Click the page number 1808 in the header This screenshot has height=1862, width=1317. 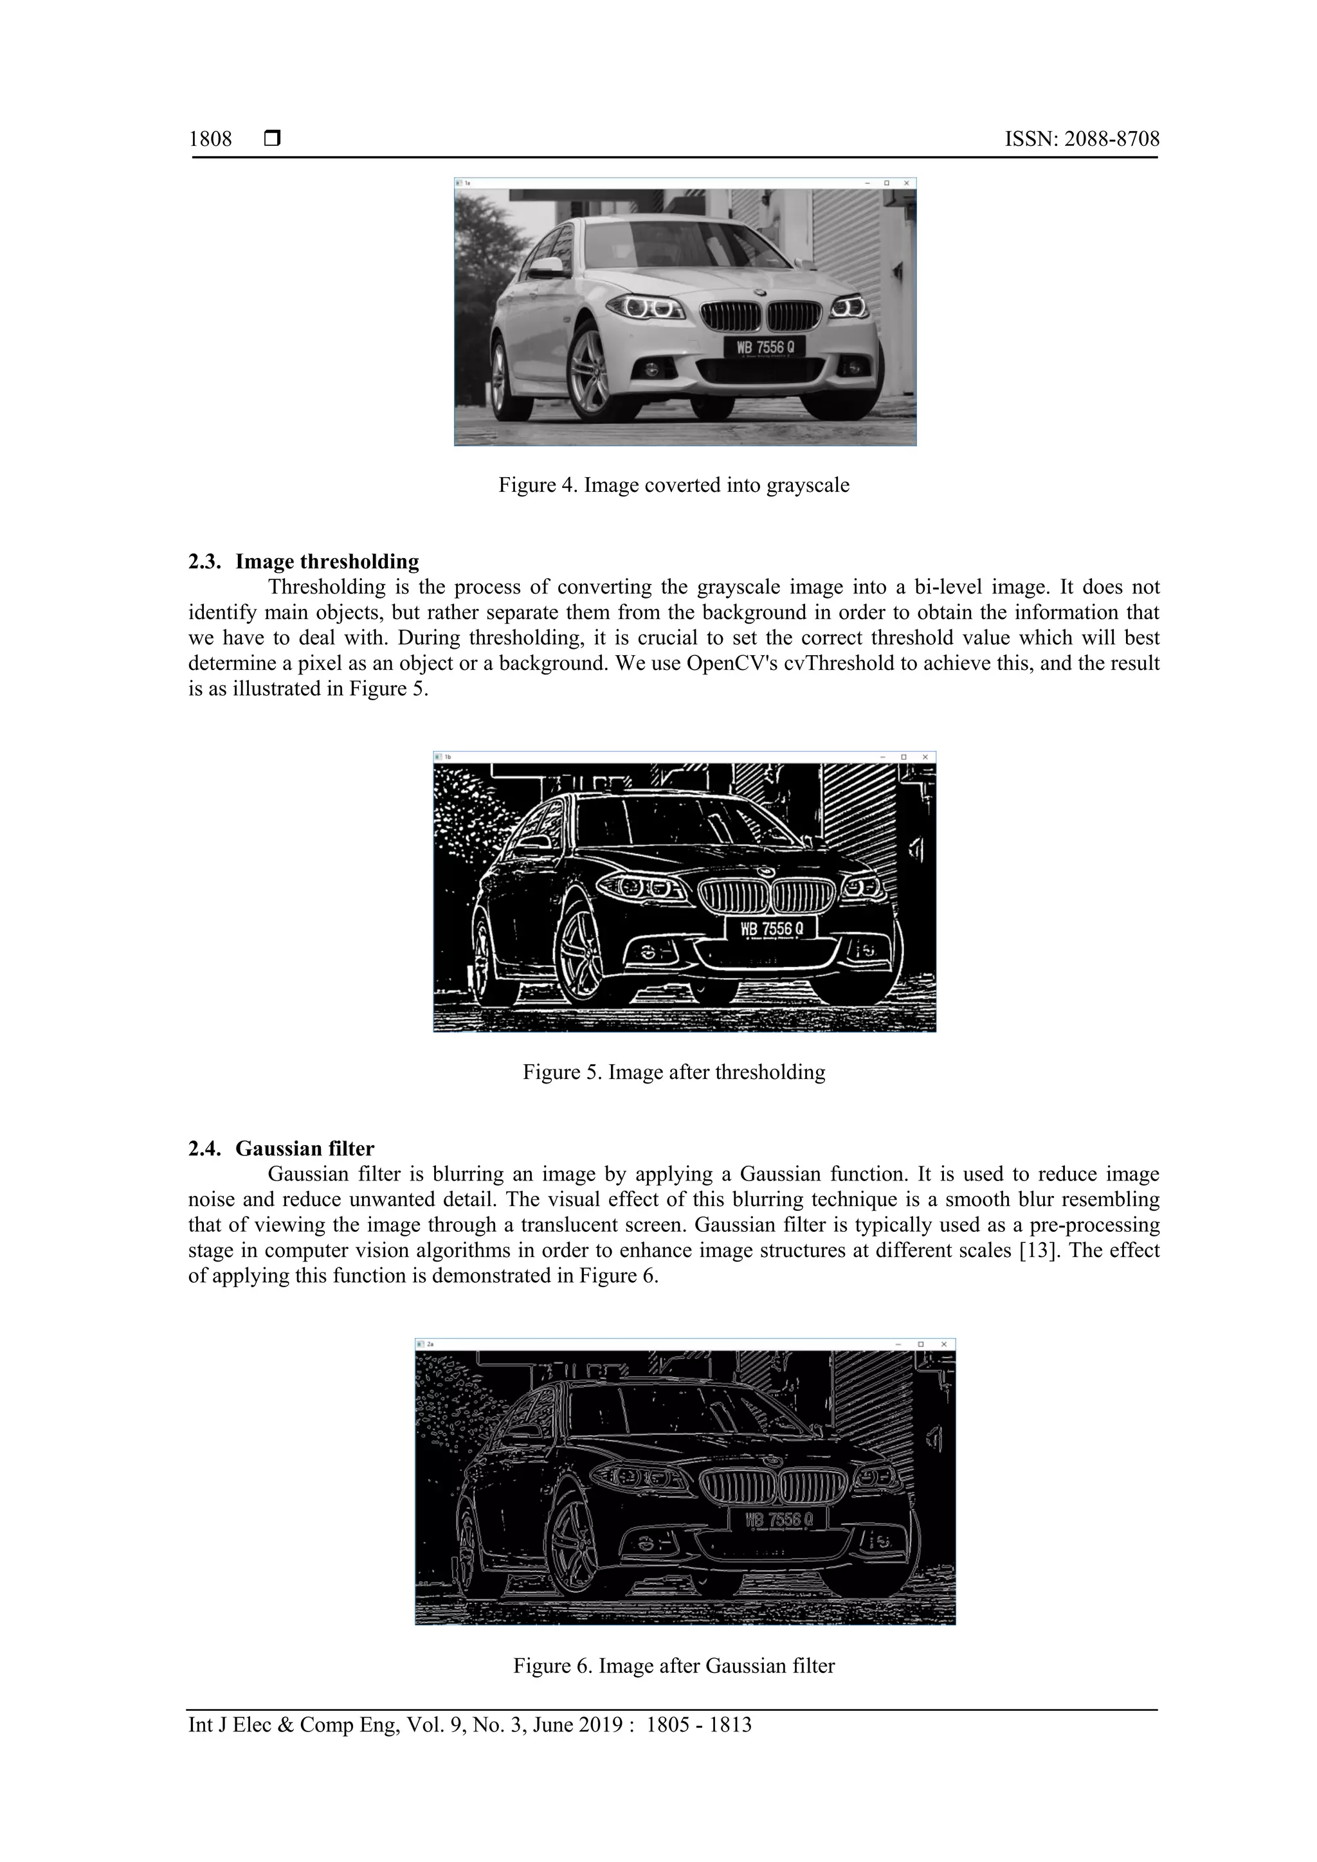[x=210, y=140]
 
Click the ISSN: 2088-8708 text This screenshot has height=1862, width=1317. [x=1082, y=140]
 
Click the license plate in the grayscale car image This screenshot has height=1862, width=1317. [x=765, y=347]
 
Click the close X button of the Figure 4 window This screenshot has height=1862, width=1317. [x=907, y=183]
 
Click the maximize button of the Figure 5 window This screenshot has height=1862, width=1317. [x=904, y=757]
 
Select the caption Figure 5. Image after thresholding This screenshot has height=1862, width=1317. [x=673, y=1072]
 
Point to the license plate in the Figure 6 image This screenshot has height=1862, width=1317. [x=777, y=1519]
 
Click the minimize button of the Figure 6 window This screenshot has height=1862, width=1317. [x=898, y=1344]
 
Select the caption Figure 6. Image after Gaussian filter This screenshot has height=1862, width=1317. [x=673, y=1666]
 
